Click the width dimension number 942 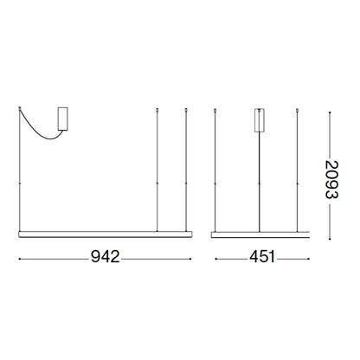coord(104,257)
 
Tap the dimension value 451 coord(260,257)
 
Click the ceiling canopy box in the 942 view coord(63,118)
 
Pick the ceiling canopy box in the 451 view coord(260,118)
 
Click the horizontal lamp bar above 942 coord(104,234)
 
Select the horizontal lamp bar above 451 coord(260,234)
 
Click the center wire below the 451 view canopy coord(260,182)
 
